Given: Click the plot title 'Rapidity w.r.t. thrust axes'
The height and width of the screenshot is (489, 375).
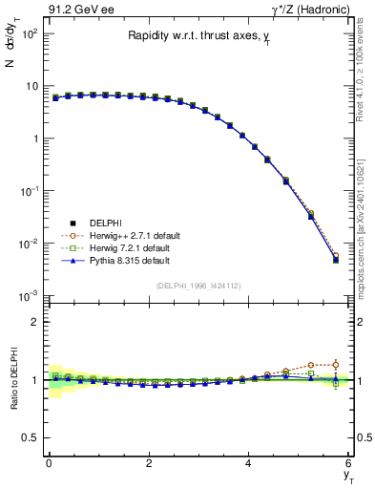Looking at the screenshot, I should [198, 37].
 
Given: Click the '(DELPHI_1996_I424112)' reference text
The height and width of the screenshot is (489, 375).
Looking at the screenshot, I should [198, 286].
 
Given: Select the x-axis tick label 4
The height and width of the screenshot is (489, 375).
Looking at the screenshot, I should [249, 463].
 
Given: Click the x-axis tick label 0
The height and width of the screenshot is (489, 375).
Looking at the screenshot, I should [49, 463].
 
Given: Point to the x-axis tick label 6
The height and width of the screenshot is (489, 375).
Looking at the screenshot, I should [349, 463].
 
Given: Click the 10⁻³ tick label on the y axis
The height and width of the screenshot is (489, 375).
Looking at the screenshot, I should [29, 297].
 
